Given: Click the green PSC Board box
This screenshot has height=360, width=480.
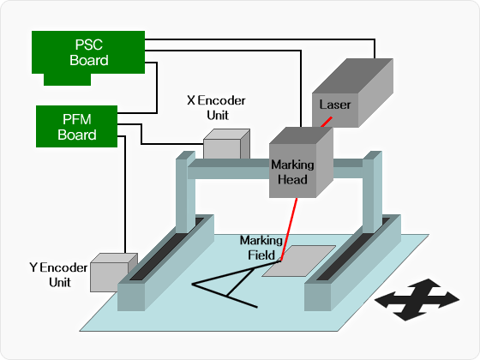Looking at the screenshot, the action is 88,52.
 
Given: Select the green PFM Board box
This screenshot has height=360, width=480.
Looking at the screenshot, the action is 76,127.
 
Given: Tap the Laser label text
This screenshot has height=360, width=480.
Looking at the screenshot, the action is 335,105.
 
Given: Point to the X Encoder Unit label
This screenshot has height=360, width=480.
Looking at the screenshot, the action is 216,108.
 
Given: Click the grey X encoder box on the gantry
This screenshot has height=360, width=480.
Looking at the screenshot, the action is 226,144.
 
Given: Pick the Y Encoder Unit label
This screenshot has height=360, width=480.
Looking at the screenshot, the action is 59,274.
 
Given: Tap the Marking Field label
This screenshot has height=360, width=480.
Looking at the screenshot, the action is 261,248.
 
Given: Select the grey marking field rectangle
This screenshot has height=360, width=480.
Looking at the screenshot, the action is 299,261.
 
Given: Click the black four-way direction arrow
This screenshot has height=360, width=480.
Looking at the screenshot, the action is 417,300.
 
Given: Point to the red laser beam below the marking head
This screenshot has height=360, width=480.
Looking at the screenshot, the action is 288,230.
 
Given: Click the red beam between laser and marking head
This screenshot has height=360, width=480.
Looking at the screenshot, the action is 327,122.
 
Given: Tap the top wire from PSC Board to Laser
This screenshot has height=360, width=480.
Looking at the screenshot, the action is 260,39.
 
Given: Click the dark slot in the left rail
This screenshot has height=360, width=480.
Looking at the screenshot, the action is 166,249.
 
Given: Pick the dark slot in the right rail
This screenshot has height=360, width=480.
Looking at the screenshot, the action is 353,249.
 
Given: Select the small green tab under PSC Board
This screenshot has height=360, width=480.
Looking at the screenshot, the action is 68,80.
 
